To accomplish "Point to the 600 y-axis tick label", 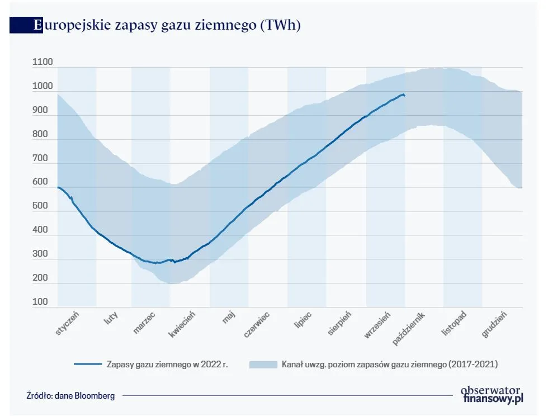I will tap(40, 182).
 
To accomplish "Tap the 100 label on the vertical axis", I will tap(40, 302).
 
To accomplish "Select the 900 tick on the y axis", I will tap(40, 111).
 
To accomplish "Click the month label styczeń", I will tap(68, 323).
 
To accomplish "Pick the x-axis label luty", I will tap(111, 319).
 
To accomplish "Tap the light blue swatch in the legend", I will tap(263, 364).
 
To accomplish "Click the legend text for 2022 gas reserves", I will tap(167, 364).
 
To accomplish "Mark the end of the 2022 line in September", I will tap(404, 96).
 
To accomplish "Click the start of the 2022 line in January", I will tap(58, 187).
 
